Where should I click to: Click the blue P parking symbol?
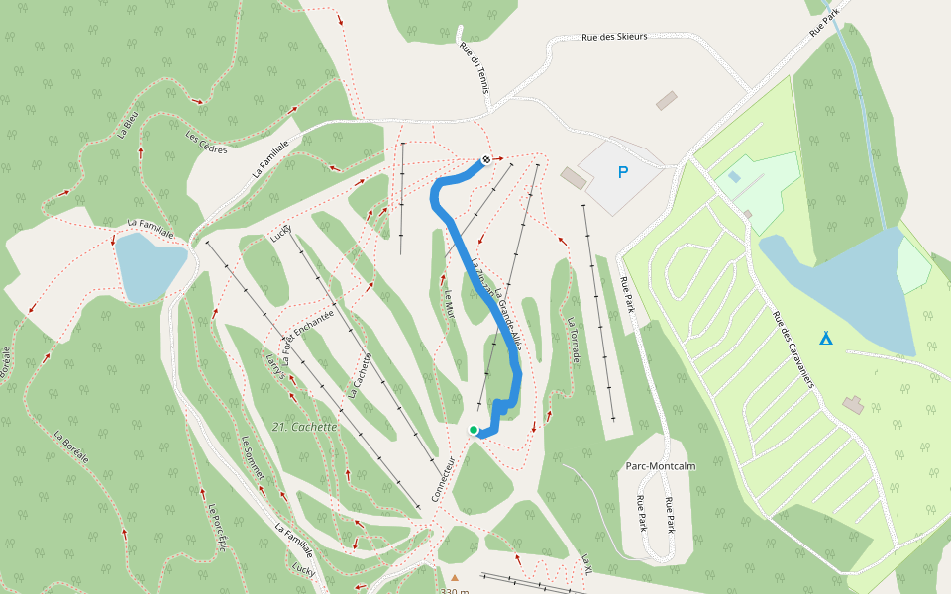[x=623, y=173]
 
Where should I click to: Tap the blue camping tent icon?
[x=825, y=338]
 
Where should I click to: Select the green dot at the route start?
[x=474, y=430]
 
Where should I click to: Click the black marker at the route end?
[x=485, y=160]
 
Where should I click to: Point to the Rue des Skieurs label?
[x=614, y=37]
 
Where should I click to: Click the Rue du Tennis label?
[x=475, y=68]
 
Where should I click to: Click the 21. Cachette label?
[x=304, y=427]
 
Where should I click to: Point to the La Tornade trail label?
[x=573, y=340]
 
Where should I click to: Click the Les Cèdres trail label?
[x=207, y=143]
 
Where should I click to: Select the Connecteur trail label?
[x=442, y=479]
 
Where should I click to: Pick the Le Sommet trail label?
[x=252, y=457]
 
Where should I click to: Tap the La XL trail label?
[x=587, y=565]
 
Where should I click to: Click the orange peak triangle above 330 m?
[x=455, y=577]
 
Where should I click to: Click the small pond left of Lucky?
[x=151, y=266]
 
